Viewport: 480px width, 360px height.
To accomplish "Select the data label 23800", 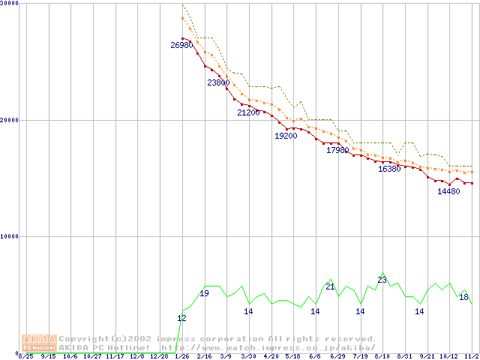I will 218,83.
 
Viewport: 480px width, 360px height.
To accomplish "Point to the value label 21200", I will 248,113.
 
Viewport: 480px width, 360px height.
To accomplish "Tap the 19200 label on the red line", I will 286,136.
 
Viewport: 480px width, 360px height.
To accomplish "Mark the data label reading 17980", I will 337,151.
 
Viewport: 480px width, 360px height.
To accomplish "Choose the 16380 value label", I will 389,169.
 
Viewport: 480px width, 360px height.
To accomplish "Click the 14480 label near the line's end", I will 448,192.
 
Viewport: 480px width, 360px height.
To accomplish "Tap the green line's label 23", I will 382,280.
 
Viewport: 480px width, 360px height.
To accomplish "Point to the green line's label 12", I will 181,319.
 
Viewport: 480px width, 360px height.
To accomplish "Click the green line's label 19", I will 204,293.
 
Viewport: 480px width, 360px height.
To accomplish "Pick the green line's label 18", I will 463,298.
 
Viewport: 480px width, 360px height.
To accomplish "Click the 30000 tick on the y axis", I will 10,4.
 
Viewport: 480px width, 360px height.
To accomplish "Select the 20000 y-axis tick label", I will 10,120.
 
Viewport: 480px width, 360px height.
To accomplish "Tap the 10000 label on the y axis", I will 10,236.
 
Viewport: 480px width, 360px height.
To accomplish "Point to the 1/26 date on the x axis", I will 181,357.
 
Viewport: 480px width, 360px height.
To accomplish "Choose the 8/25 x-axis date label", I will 25,357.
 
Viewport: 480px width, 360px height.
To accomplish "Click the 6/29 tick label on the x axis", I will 337,357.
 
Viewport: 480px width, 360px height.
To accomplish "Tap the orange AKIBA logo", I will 39,342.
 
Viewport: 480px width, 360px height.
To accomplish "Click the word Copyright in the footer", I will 85,339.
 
